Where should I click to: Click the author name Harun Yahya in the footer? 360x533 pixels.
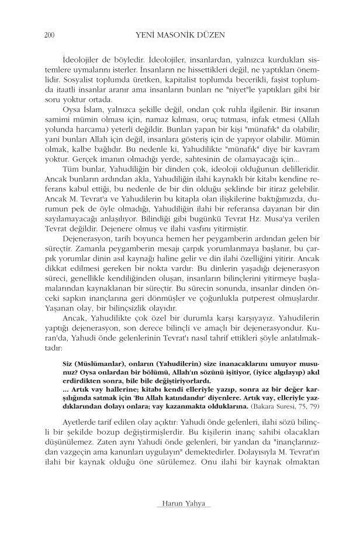179,503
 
